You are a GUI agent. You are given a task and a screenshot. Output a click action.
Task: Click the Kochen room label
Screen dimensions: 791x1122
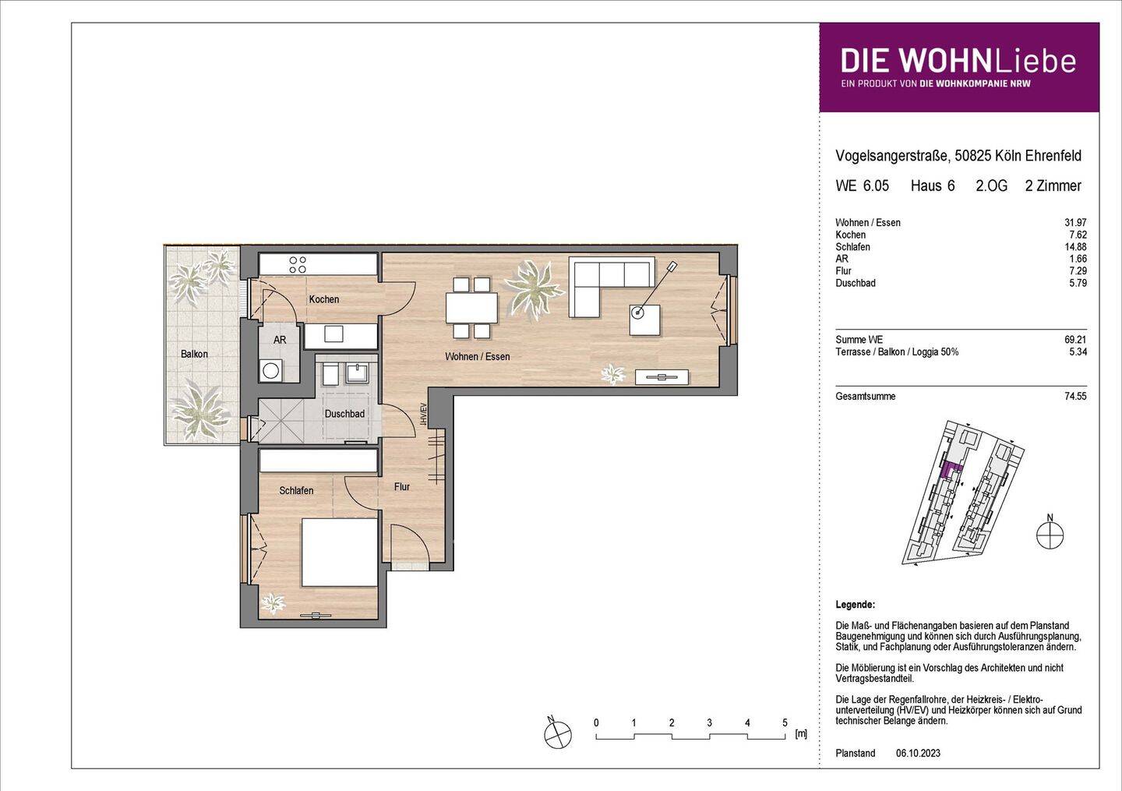point(323,299)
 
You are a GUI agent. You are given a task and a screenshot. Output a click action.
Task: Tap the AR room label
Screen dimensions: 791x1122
point(280,340)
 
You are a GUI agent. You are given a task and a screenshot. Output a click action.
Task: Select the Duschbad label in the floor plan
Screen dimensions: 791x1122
point(344,414)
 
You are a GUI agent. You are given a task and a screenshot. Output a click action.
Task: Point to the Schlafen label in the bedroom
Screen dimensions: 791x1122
point(296,490)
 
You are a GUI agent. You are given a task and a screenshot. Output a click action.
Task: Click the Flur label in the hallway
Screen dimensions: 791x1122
point(401,487)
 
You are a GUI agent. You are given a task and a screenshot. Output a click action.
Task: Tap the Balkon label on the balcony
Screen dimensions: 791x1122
point(194,354)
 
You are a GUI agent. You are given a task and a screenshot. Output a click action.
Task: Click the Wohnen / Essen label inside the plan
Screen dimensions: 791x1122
point(477,356)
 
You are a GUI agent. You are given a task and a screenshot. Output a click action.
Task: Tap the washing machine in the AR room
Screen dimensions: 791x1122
point(271,370)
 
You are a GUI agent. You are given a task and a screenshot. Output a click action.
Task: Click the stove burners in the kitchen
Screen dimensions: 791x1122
point(298,265)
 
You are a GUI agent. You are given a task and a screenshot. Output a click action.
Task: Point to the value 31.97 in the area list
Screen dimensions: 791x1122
point(1075,223)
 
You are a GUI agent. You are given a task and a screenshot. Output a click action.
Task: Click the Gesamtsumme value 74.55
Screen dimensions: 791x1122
point(1075,397)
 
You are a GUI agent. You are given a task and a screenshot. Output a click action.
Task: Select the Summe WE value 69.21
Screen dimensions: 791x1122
point(1075,340)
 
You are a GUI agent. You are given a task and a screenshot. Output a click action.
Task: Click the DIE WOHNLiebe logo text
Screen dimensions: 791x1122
point(958,62)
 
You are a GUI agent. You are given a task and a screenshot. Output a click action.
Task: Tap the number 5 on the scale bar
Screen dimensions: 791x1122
point(785,722)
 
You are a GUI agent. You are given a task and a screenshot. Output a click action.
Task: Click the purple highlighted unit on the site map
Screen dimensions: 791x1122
point(951,469)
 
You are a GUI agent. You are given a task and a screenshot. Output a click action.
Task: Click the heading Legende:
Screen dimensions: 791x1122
point(855,605)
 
